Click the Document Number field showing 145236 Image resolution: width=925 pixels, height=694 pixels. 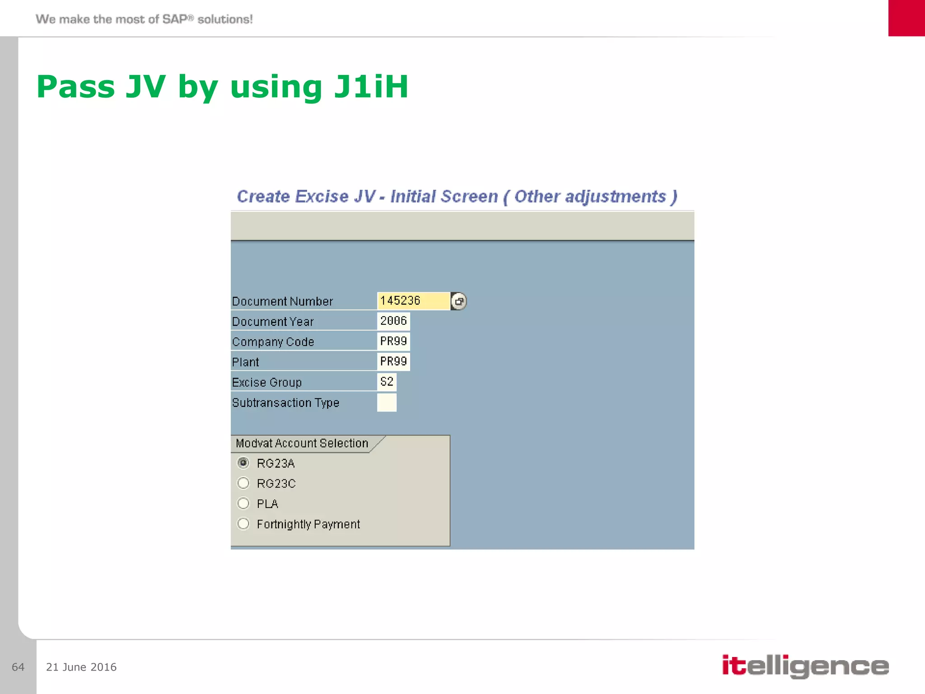[413, 301]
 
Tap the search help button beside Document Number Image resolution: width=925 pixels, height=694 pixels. [458, 301]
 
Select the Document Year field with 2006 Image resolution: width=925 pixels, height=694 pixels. [393, 321]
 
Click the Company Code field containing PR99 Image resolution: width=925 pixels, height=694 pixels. [393, 341]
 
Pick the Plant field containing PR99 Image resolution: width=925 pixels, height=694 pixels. [393, 361]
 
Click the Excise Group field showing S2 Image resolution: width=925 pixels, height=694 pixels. [387, 382]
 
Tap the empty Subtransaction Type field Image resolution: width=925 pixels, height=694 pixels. [387, 402]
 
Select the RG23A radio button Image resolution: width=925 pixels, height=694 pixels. [243, 463]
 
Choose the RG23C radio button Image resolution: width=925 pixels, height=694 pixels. [243, 483]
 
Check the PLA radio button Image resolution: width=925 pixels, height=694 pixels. [243, 503]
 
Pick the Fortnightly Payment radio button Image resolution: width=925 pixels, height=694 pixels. [243, 524]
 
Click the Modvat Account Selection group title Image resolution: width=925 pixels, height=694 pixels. [302, 443]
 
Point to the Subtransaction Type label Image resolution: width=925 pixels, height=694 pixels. [285, 403]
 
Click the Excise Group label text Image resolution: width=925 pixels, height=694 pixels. [266, 382]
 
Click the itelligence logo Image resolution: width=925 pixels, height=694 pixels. [805, 666]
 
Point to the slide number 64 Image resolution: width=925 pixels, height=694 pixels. [18, 667]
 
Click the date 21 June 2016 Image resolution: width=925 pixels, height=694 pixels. [81, 667]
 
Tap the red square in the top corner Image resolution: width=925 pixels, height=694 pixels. [906, 18]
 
